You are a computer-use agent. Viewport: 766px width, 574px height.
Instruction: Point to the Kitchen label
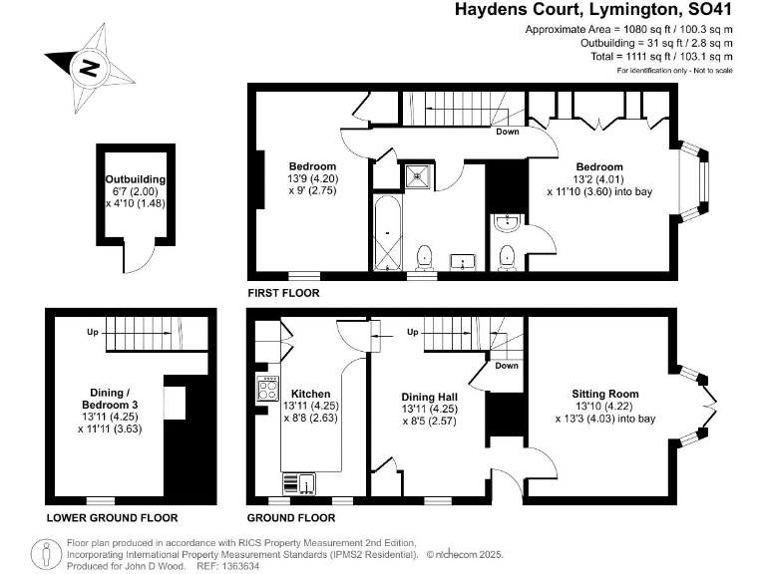point(309,394)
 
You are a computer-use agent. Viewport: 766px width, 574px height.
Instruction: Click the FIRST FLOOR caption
point(284,294)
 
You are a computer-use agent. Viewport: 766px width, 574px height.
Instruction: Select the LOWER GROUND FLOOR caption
point(112,518)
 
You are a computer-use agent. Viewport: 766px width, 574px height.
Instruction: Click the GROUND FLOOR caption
point(290,518)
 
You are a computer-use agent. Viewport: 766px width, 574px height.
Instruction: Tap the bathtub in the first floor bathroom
point(385,234)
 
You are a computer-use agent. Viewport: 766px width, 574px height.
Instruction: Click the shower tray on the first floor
point(415,176)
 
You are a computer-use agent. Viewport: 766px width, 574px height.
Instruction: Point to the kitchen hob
point(266,386)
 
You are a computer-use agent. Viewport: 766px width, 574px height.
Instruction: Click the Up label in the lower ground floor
point(92,332)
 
